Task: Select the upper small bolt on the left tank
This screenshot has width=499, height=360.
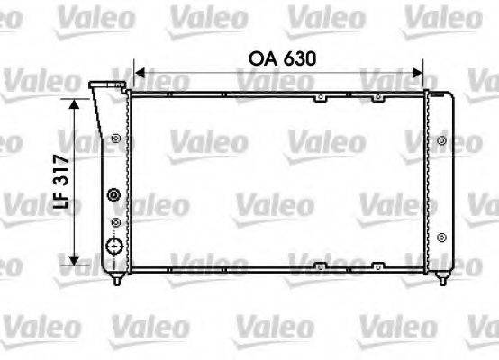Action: [x=116, y=139]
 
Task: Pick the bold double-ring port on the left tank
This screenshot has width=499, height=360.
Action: [x=113, y=195]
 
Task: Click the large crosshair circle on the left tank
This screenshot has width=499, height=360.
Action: [x=113, y=247]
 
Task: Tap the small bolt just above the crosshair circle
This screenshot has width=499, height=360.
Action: [x=115, y=220]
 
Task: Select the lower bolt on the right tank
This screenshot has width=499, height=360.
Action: [x=440, y=238]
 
